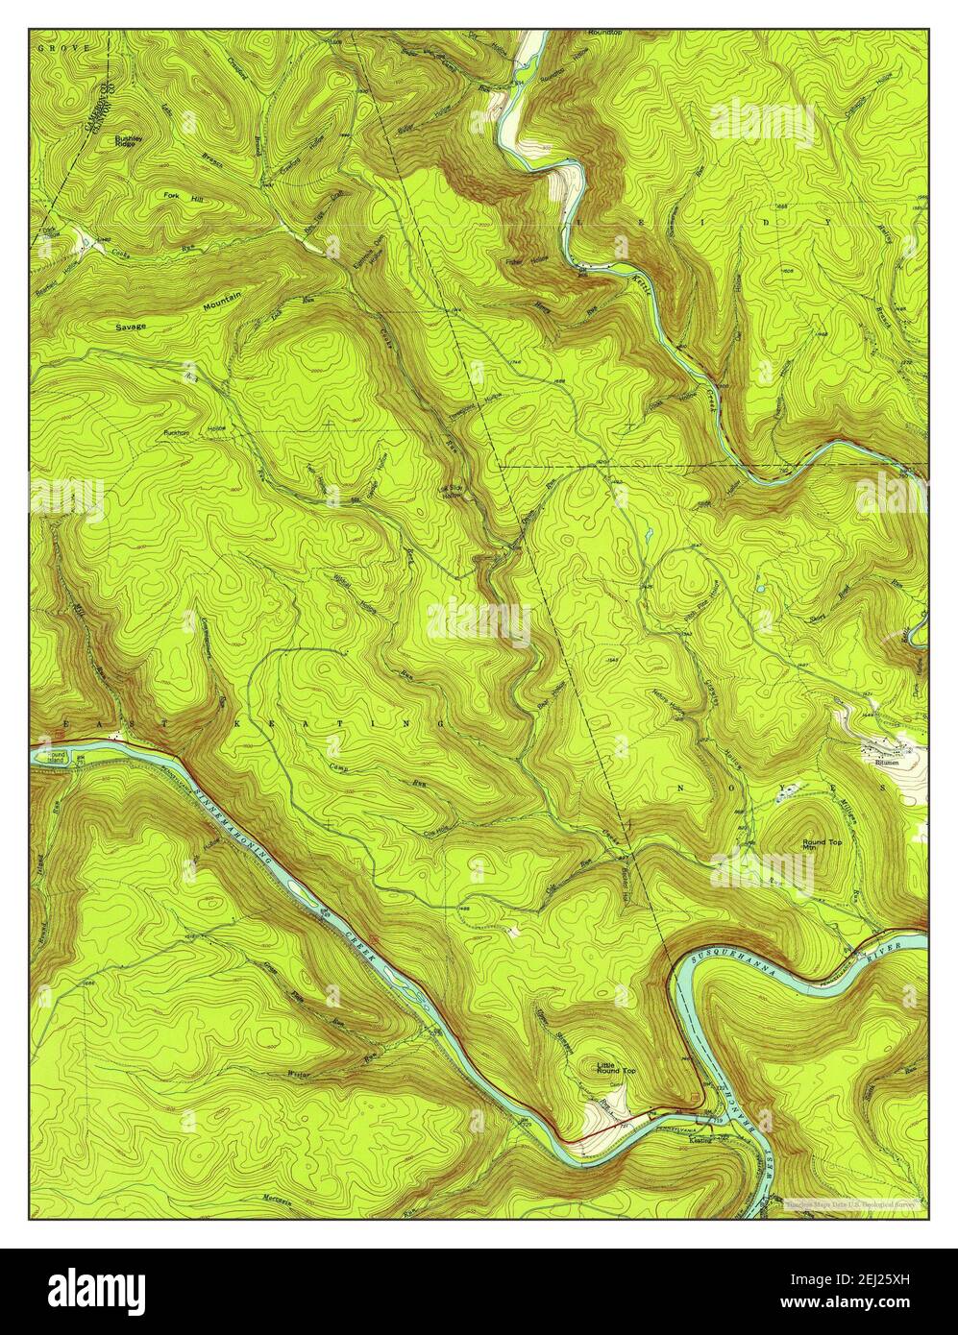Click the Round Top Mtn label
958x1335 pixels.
822,845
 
